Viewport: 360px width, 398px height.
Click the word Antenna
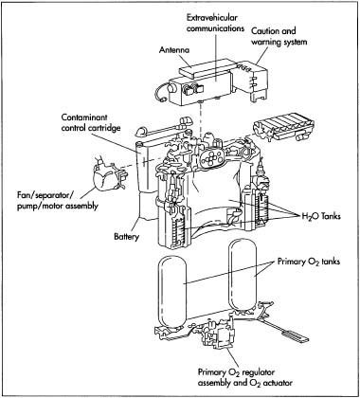point(174,50)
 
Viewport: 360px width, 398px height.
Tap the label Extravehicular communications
point(215,23)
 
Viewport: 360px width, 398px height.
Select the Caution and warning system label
point(279,36)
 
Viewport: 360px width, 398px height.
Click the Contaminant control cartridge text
point(91,122)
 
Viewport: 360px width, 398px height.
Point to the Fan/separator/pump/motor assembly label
point(58,201)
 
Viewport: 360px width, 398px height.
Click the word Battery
point(127,236)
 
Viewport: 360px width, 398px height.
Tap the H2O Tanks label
point(319,216)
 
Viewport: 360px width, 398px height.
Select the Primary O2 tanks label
point(309,262)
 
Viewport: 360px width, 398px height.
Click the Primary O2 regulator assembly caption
point(245,377)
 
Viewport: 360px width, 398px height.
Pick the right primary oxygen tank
point(243,274)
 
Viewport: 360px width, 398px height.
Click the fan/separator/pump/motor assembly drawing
point(108,176)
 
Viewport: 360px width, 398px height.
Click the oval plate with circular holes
point(209,158)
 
